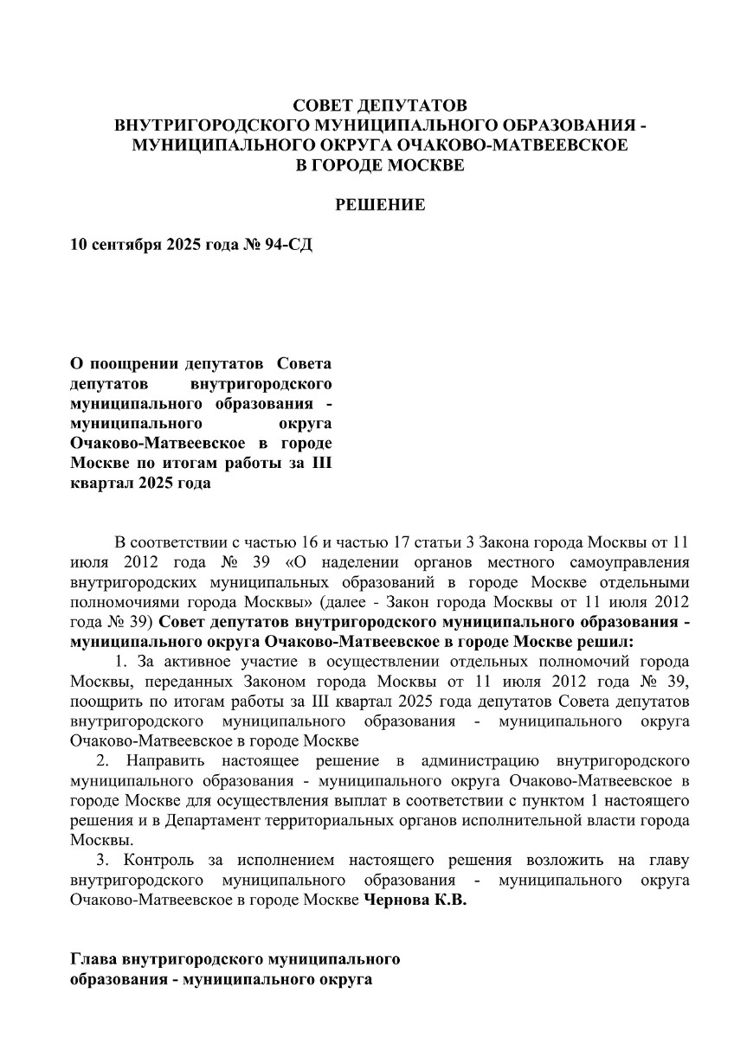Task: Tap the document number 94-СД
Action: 287,245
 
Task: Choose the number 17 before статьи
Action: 418,543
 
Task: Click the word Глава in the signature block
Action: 93,960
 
